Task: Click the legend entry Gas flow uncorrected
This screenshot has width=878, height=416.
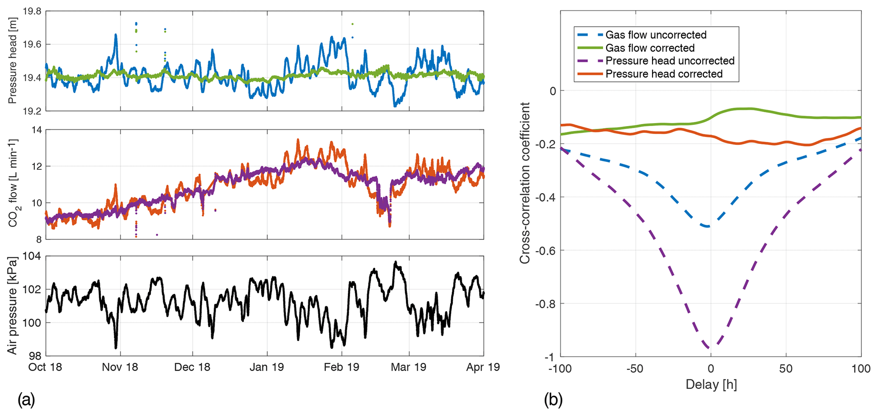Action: pos(656,35)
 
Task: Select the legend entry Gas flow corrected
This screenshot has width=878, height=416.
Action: pos(650,48)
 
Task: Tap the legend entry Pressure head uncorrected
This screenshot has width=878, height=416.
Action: pos(670,61)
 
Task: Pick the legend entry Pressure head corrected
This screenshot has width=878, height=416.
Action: pos(664,74)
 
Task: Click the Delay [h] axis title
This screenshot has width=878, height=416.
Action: pos(711,385)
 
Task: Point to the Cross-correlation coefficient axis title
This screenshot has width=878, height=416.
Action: pos(525,183)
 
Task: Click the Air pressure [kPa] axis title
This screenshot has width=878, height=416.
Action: pos(13,306)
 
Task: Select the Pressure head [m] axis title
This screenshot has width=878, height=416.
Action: pos(13,61)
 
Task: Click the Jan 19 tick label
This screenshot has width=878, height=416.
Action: pos(267,367)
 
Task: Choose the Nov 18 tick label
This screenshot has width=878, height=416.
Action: pos(120,367)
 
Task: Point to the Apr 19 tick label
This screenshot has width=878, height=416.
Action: pos(483,367)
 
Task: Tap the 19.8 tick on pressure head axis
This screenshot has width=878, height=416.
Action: pos(32,11)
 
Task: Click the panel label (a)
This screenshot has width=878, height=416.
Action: pos(26,399)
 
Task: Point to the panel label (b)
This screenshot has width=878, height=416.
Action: pos(553,399)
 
